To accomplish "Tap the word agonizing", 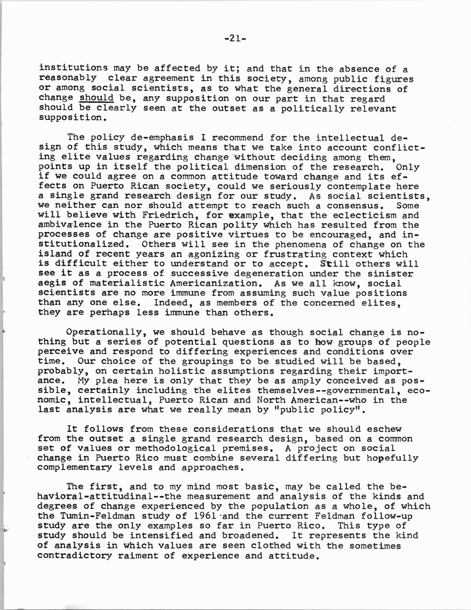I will point(214,254).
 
